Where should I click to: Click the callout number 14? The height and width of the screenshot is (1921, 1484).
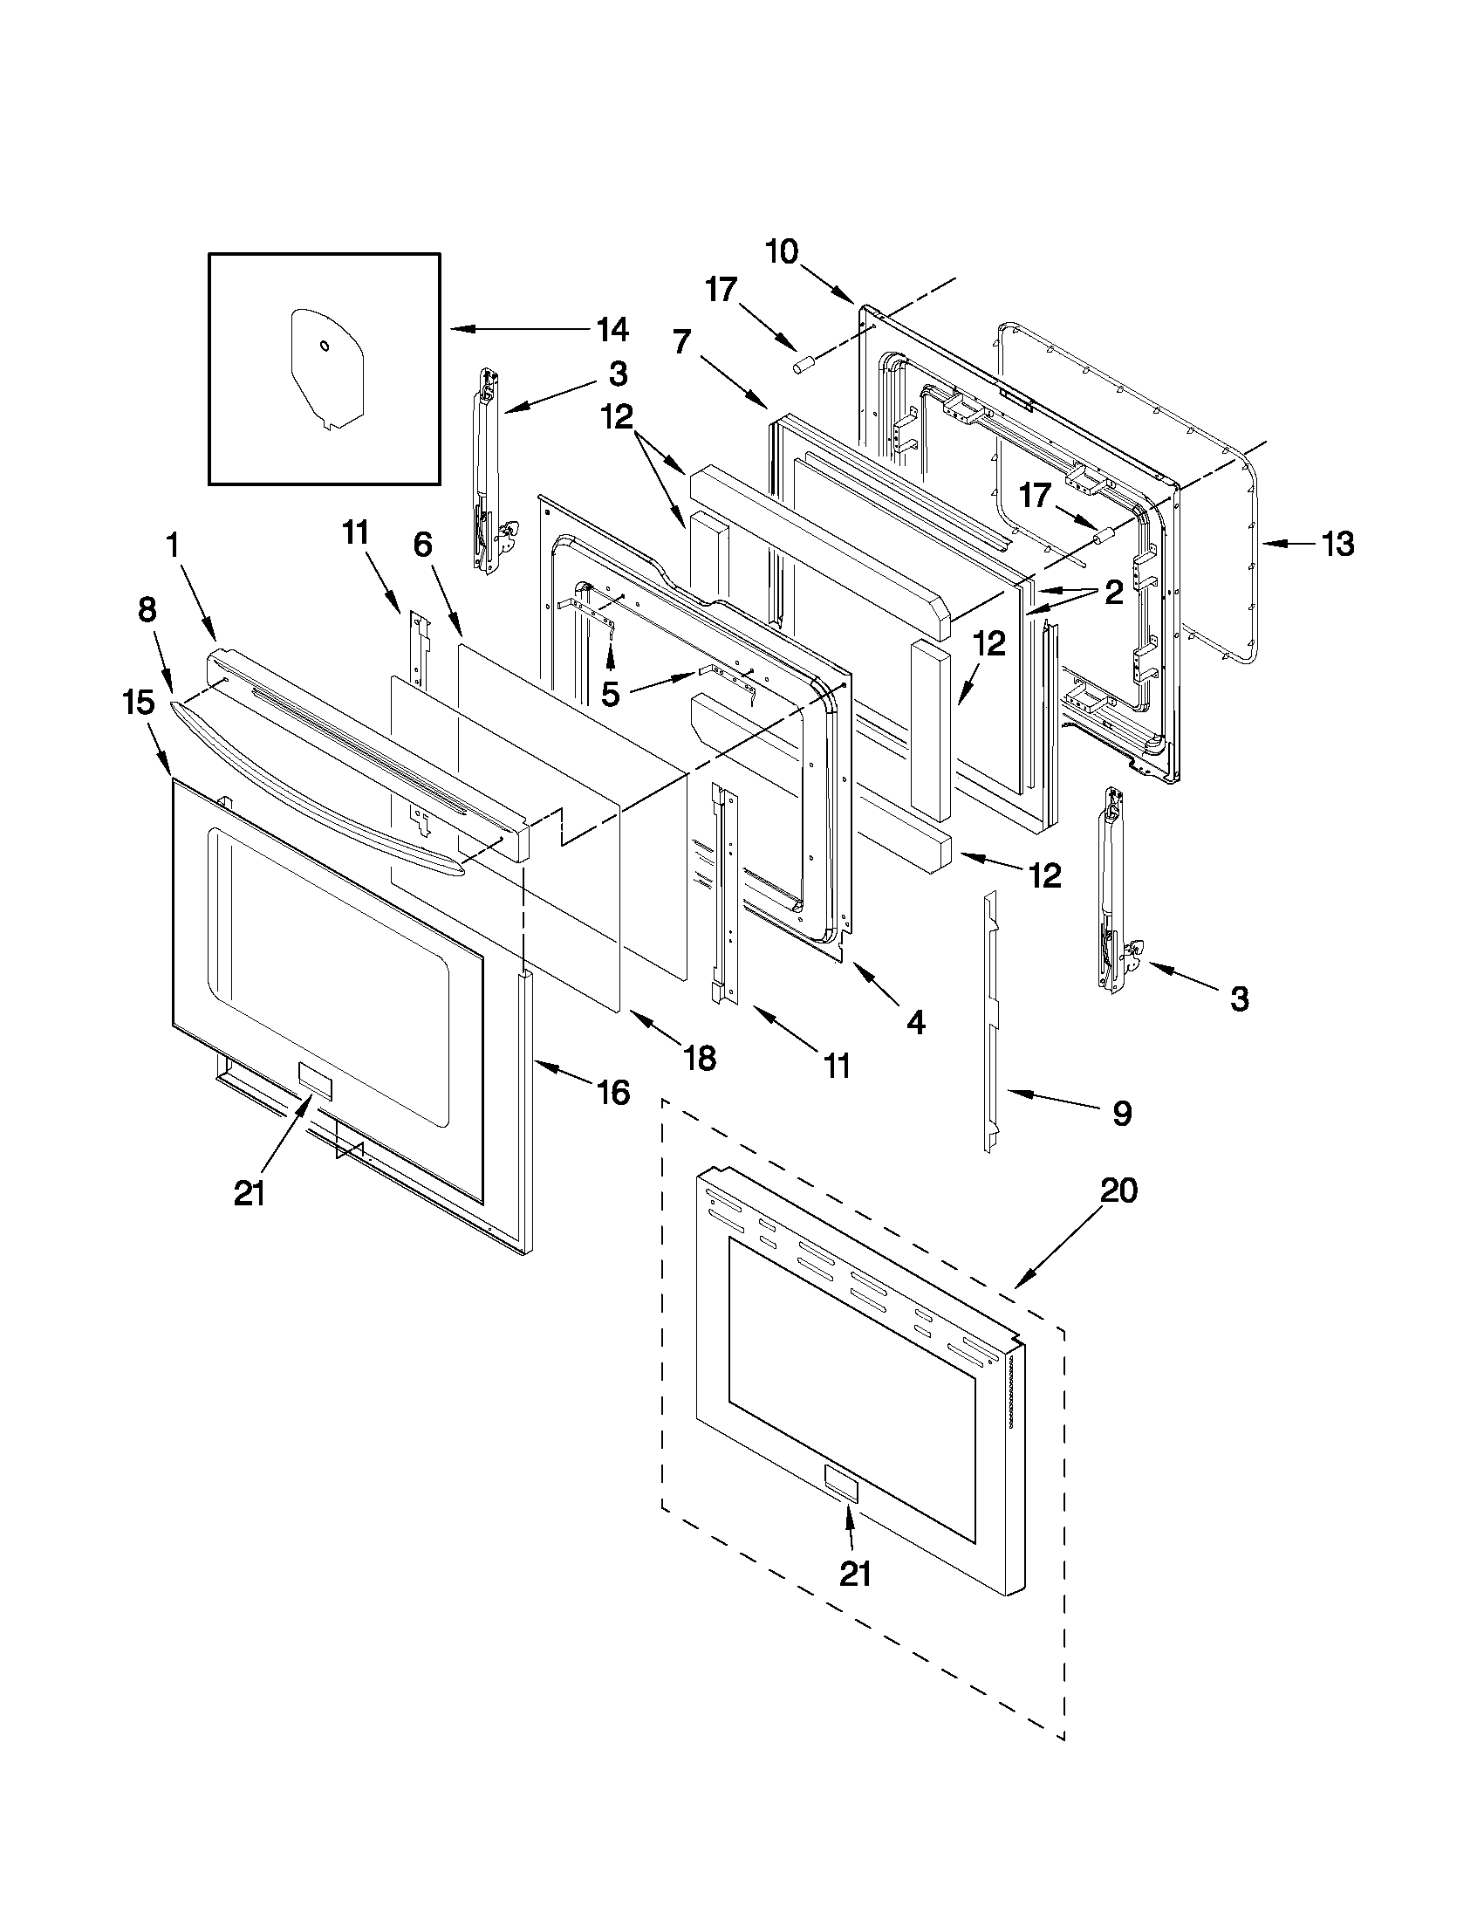(612, 330)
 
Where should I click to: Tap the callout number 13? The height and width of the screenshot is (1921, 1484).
(1338, 545)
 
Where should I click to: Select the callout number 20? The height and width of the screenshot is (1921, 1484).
(1118, 1192)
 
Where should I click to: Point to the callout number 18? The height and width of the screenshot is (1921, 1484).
(700, 1058)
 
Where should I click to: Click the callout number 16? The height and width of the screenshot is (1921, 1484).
(612, 1093)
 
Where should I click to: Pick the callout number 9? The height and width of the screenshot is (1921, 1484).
(1121, 1114)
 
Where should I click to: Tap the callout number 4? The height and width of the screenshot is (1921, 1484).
(915, 1022)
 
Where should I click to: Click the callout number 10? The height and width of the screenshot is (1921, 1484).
(781, 251)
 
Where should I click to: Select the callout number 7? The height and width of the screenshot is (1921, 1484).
(683, 341)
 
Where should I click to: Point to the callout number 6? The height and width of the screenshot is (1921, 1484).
(422, 545)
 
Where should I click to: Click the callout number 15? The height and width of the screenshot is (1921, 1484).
(138, 703)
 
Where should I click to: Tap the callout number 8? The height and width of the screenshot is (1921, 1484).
(147, 609)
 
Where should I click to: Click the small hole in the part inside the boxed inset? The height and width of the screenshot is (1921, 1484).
(325, 346)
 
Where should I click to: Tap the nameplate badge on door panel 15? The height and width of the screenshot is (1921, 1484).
(314, 1081)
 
